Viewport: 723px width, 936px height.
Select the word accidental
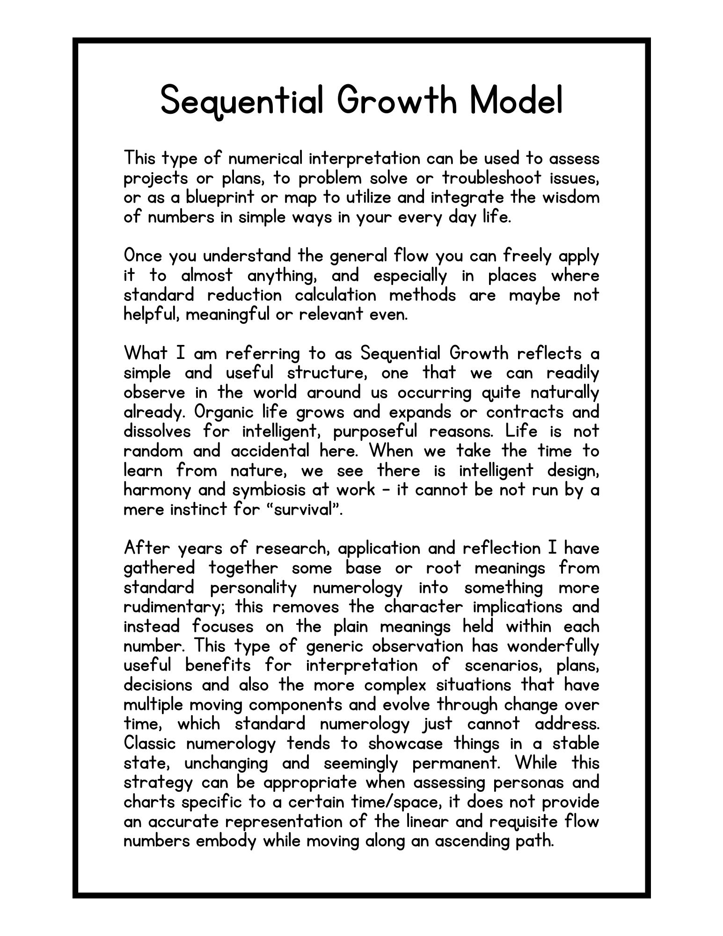coord(270,451)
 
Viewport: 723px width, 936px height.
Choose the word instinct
coord(199,509)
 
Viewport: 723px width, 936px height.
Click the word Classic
coord(151,743)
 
